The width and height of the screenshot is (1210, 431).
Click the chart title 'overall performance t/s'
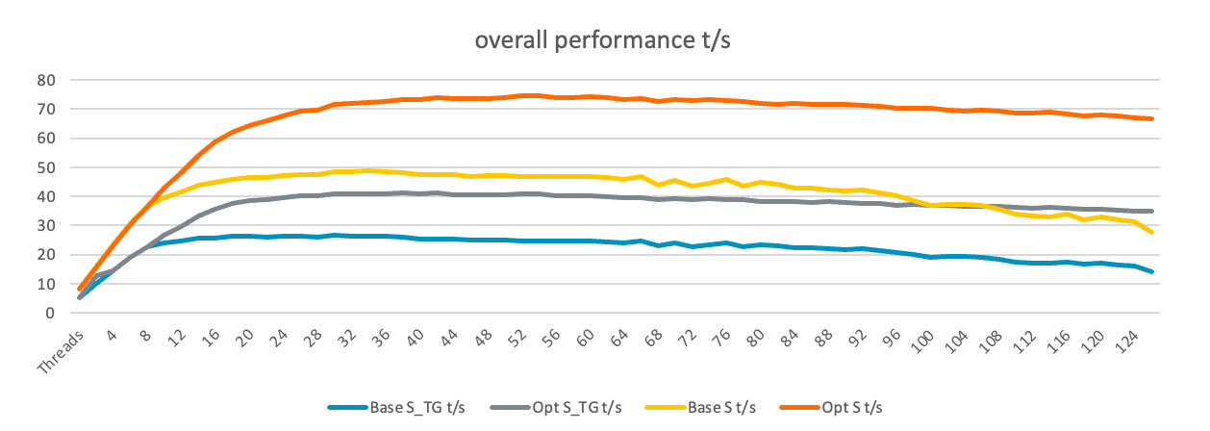click(604, 40)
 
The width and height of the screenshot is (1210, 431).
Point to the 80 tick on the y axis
click(44, 80)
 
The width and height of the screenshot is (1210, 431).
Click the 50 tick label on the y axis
click(44, 167)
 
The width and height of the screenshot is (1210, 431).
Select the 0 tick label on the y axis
click(48, 313)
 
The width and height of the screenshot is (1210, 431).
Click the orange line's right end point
click(1151, 119)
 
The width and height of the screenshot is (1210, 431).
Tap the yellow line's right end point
click(1151, 232)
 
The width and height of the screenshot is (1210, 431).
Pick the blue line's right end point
click(1151, 271)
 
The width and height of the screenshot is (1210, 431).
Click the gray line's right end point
click(1151, 211)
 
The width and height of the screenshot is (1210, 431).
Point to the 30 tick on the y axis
click(44, 225)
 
